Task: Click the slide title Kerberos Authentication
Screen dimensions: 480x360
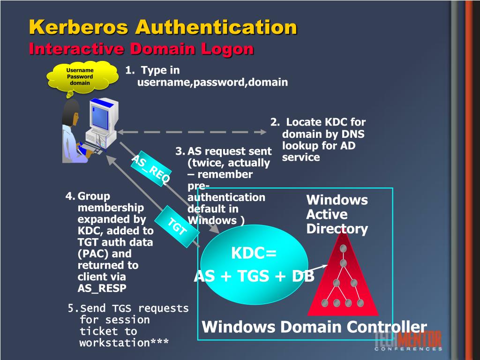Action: click(163, 27)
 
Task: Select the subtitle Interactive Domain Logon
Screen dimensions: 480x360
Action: click(141, 49)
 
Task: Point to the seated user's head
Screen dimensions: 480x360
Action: click(71, 112)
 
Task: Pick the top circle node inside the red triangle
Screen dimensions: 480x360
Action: click(344, 248)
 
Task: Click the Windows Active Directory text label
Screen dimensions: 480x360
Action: click(337, 214)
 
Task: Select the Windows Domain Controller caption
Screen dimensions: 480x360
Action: click(314, 327)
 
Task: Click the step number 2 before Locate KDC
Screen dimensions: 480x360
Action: click(274, 122)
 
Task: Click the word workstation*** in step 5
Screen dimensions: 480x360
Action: click(124, 343)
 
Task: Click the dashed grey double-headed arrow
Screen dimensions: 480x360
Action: click(192, 132)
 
